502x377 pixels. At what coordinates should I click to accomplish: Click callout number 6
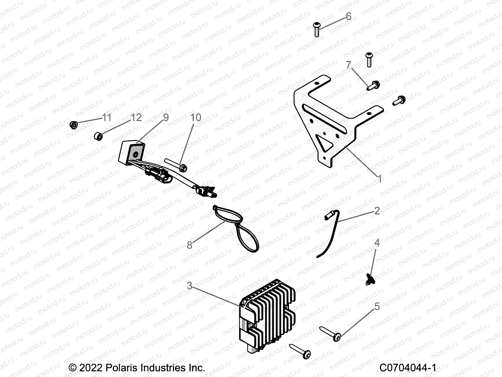[348, 16]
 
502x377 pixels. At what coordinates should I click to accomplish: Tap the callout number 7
[349, 65]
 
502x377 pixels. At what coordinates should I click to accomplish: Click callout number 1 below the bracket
[380, 179]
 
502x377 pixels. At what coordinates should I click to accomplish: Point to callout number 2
[377, 210]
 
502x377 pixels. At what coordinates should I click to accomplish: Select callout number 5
[377, 306]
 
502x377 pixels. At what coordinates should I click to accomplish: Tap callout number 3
[190, 286]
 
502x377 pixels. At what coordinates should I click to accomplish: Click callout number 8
[190, 245]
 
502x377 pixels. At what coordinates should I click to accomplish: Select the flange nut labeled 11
[74, 125]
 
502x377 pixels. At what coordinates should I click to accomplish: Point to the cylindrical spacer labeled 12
[99, 137]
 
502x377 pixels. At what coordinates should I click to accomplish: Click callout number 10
[196, 117]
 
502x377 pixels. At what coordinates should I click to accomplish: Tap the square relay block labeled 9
[132, 152]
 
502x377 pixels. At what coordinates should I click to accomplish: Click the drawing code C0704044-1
[408, 368]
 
